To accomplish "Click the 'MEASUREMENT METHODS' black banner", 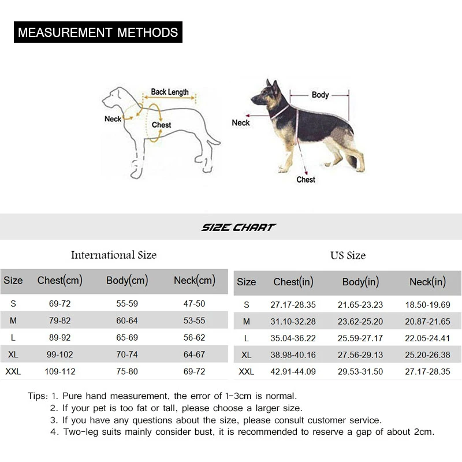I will click(98, 32).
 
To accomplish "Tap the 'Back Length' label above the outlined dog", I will click(170, 92).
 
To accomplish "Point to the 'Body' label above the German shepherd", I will click(320, 95).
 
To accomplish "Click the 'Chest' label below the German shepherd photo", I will click(305, 180).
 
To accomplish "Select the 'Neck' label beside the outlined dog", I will click(113, 119).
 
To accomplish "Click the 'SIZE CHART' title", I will click(239, 228).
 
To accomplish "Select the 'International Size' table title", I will click(114, 255).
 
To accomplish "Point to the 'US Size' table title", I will click(348, 255).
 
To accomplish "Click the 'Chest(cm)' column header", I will click(60, 281).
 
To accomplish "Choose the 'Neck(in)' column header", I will click(427, 282).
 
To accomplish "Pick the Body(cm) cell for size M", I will click(127, 321).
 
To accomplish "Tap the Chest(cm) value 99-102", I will click(60, 355).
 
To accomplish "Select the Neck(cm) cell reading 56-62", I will click(194, 338).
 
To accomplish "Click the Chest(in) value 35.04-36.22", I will click(293, 338).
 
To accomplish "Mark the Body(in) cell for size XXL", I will click(360, 372).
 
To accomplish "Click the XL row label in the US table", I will click(246, 355).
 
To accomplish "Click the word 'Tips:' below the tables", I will click(38, 396).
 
